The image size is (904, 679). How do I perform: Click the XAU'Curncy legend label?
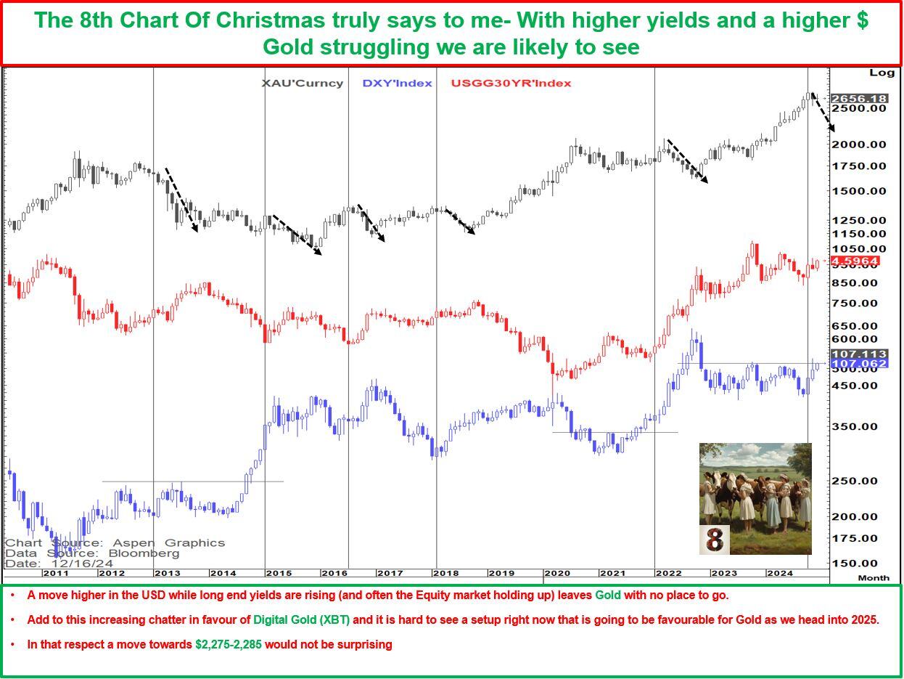[x=302, y=83]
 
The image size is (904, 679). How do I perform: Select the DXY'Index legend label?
[x=397, y=83]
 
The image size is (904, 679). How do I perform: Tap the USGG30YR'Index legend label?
[x=511, y=83]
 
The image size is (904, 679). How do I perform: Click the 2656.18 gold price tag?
[x=858, y=99]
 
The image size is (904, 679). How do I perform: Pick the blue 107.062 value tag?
[x=858, y=363]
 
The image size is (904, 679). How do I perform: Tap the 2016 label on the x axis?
[x=334, y=573]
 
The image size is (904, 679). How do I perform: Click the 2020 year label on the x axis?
[x=556, y=573]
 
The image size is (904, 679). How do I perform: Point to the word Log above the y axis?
[x=882, y=73]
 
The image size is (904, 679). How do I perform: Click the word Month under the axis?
[x=874, y=578]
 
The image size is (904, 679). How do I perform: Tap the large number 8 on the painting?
[x=715, y=540]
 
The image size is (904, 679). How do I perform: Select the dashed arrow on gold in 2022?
[x=686, y=160]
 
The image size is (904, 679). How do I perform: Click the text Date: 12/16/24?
[x=59, y=563]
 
